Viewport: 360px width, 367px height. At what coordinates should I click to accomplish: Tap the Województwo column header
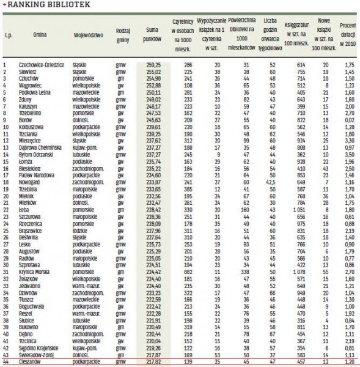tap(88, 35)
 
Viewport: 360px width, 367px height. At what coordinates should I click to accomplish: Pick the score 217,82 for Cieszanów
tap(153, 361)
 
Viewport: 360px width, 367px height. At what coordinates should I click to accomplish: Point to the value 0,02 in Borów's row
tap(349, 119)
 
